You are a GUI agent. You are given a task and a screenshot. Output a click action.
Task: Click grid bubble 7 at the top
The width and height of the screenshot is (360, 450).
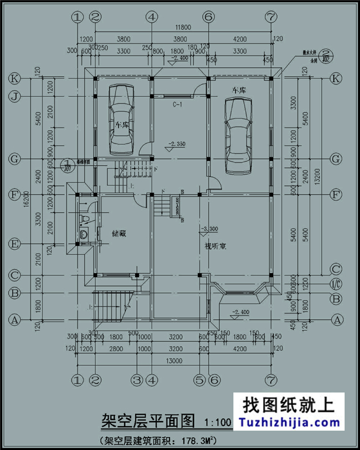click(x=270, y=17)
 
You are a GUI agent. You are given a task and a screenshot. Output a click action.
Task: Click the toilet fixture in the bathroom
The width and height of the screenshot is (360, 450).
click(x=84, y=235)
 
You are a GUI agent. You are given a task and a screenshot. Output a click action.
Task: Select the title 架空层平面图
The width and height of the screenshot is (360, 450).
click(x=148, y=421)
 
